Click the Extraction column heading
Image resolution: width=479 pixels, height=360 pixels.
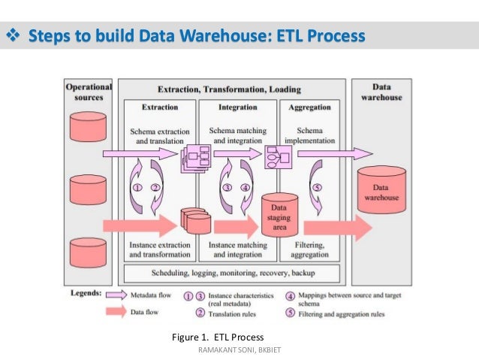(x=160, y=107)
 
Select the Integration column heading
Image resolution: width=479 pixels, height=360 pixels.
(x=237, y=107)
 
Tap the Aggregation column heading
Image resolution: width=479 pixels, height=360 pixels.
(x=309, y=107)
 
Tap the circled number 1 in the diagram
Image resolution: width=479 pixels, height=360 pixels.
(x=137, y=188)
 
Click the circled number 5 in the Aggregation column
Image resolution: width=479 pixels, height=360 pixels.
(x=316, y=188)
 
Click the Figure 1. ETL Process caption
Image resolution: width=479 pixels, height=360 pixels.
(x=218, y=336)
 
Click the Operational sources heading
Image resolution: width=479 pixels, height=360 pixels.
(x=89, y=92)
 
